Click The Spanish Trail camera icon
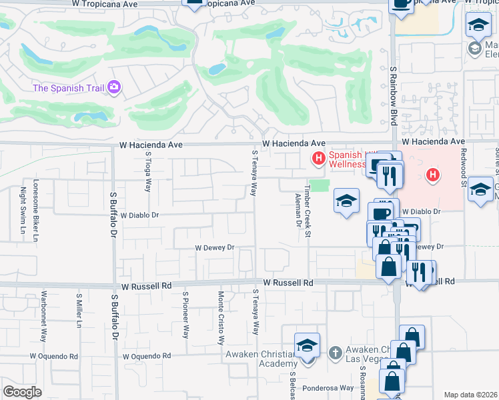tap(115, 87)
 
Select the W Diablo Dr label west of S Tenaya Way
tap(139, 215)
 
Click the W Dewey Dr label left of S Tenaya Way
tap(214, 247)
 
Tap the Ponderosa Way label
tap(327, 387)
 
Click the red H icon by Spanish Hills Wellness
tap(318, 158)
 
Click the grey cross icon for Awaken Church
tap(336, 351)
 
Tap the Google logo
tap(22, 392)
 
